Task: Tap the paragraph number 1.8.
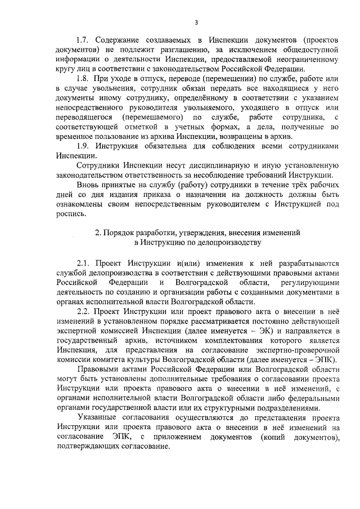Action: click(83, 80)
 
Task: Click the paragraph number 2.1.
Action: click(83, 262)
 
